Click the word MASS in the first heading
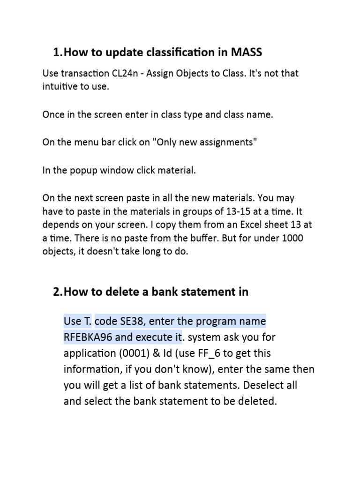[x=247, y=52]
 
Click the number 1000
[x=293, y=238]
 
